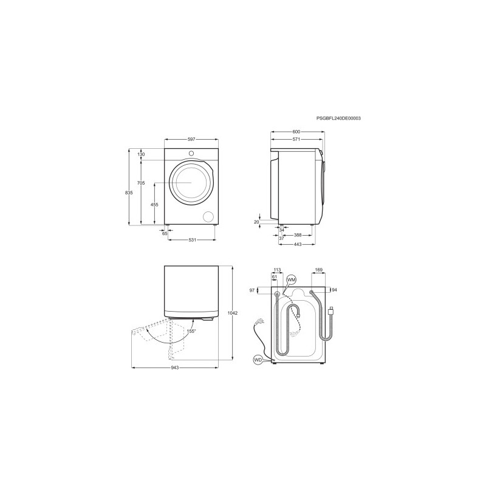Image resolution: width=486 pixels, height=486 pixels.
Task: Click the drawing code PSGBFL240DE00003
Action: [338, 118]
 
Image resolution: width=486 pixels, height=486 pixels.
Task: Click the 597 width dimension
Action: [191, 140]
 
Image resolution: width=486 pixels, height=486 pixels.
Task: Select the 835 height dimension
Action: [129, 193]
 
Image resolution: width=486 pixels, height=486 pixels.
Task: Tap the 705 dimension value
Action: [141, 183]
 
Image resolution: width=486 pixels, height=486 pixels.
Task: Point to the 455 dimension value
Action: [154, 205]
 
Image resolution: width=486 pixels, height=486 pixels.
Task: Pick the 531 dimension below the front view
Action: [192, 240]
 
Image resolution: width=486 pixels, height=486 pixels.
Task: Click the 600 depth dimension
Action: [296, 132]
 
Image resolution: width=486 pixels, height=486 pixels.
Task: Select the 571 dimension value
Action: [296, 140]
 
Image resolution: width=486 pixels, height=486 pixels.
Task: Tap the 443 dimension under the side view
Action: [297, 244]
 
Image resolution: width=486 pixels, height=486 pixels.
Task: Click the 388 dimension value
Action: [298, 235]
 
